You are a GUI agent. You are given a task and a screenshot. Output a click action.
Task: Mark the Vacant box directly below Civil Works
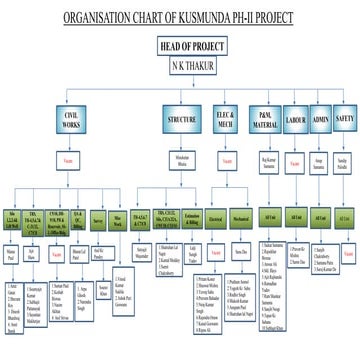point(69,159)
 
